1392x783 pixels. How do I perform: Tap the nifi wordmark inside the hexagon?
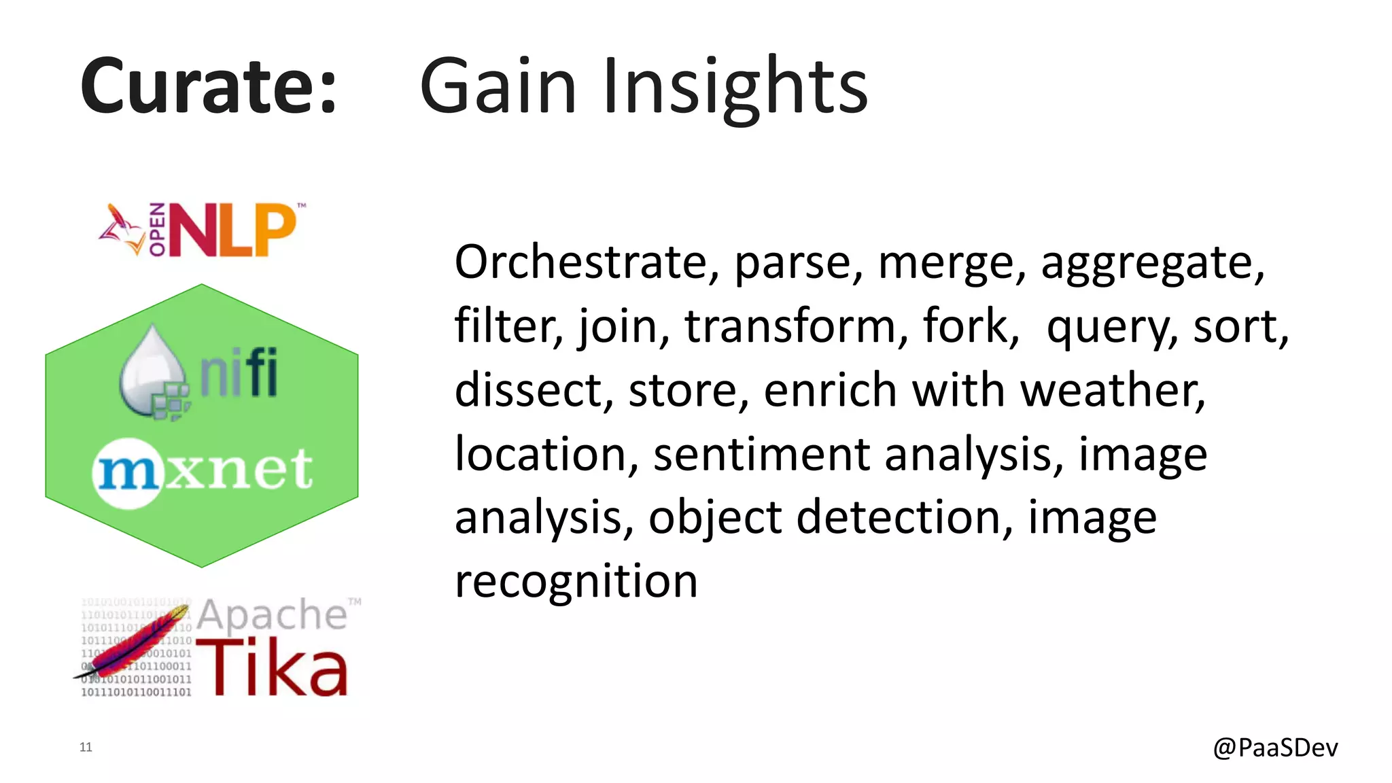(x=239, y=372)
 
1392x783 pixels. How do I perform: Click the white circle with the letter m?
(x=128, y=472)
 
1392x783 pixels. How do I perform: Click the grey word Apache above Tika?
(x=272, y=615)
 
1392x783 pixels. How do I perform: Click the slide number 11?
(x=86, y=747)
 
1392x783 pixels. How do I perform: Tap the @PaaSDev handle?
(x=1275, y=747)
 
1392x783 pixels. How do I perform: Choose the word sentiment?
(x=761, y=454)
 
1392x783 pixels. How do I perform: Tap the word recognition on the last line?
(x=576, y=582)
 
